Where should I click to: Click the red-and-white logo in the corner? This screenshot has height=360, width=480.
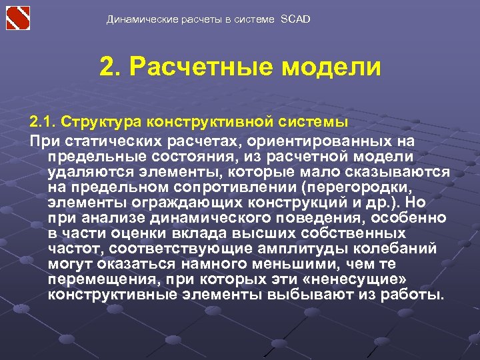(18, 17)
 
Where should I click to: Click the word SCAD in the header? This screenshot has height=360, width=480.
(295, 19)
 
